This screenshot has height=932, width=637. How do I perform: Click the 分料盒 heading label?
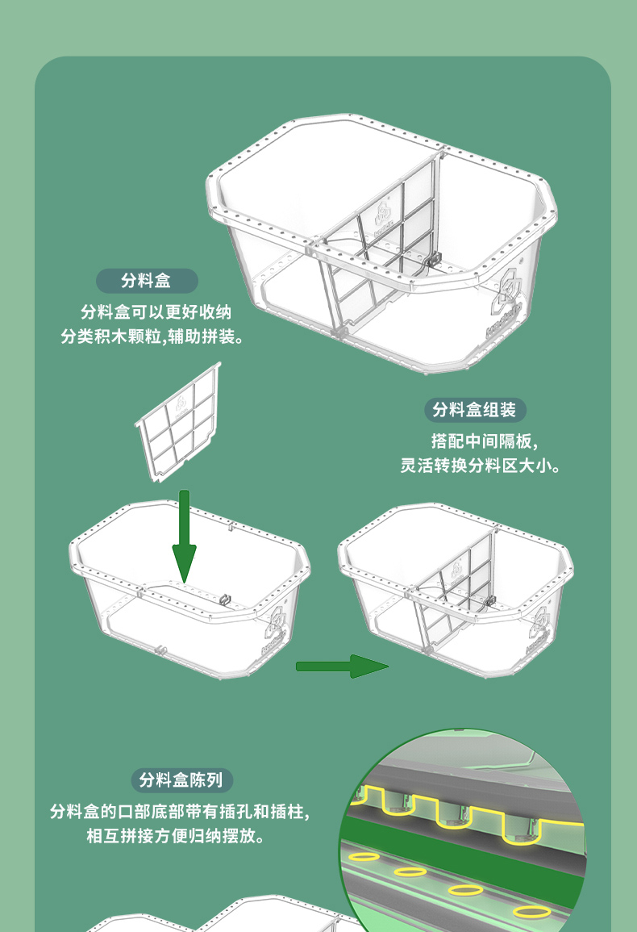(x=147, y=281)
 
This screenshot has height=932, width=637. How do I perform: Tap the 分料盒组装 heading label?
(x=475, y=410)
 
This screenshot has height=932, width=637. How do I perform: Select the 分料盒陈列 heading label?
(x=181, y=779)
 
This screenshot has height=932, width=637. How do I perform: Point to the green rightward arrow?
(x=342, y=667)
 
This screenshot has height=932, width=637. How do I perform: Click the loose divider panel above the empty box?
(x=178, y=422)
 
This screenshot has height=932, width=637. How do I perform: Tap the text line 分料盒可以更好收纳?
(x=156, y=312)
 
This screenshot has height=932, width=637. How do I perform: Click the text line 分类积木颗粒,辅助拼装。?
(x=152, y=337)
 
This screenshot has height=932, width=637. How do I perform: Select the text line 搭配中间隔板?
(x=485, y=441)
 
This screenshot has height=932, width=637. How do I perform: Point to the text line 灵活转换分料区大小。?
(x=481, y=466)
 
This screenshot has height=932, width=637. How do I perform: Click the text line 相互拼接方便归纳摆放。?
(x=175, y=836)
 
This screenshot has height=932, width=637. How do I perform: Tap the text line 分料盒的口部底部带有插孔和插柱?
(x=180, y=811)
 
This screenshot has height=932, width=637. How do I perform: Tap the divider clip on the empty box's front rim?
(x=225, y=599)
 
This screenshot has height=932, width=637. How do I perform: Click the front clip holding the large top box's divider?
(x=434, y=260)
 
